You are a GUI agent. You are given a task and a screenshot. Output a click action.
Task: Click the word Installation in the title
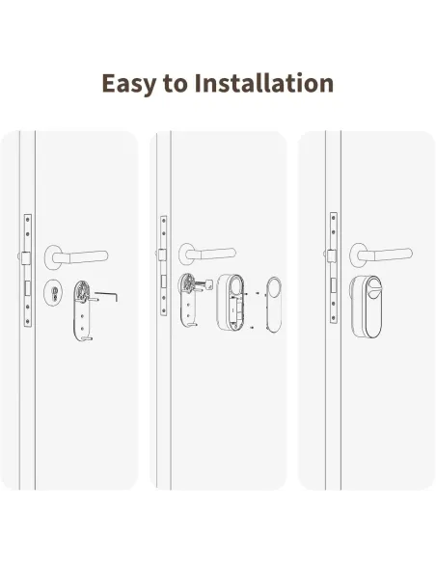264,83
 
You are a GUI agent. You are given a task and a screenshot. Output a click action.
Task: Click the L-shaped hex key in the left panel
107,296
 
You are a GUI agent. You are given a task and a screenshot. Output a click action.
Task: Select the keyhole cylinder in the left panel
53,293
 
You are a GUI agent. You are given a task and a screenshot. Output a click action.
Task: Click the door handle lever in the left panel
76,257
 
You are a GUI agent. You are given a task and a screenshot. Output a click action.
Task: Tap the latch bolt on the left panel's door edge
24,257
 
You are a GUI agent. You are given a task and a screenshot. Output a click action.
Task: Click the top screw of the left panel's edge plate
28,220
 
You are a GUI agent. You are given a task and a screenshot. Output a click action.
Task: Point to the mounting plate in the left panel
82,311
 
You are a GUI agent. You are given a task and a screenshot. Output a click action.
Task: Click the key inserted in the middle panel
204,285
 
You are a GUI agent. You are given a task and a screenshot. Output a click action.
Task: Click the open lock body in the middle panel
231,303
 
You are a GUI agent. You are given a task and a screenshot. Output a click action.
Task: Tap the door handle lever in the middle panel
207,254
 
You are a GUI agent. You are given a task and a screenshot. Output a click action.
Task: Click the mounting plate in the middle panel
187,300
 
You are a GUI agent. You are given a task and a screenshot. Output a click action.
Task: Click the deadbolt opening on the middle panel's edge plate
163,281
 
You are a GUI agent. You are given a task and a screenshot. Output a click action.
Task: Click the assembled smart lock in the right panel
366,307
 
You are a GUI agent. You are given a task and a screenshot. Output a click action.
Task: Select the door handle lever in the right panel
381,255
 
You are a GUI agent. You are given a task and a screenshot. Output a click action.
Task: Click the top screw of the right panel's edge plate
334,218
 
